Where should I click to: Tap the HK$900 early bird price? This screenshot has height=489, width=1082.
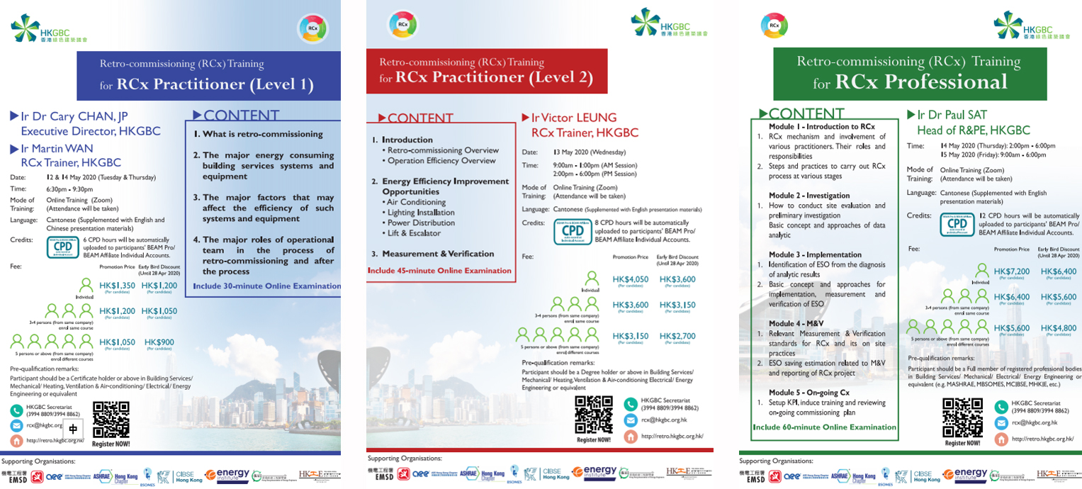[x=159, y=342]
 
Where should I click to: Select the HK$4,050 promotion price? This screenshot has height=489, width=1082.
[x=630, y=279]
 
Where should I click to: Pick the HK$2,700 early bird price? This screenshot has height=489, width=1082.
[x=677, y=336]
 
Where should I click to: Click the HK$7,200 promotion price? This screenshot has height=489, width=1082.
[x=1011, y=271]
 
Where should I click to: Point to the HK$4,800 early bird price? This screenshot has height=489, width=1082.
[x=1058, y=328]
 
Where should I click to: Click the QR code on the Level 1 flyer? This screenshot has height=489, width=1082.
[x=111, y=420]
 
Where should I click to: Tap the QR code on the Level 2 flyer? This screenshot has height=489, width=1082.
[x=594, y=415]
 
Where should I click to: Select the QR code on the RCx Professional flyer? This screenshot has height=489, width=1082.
[x=962, y=418]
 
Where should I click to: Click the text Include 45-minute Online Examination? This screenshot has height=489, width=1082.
[x=439, y=270]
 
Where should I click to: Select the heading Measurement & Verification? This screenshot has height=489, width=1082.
[x=438, y=254]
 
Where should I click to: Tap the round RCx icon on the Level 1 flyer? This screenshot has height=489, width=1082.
[x=312, y=28]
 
